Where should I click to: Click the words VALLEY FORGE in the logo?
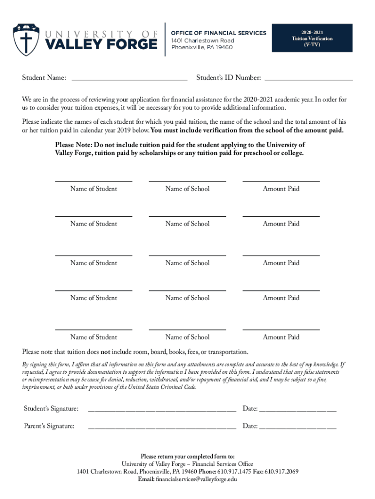102,44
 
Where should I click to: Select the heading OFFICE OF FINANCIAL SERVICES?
219,33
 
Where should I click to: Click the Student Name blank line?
129,77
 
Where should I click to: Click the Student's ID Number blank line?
308,77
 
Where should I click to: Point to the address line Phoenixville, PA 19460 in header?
202,47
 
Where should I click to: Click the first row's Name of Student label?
94,189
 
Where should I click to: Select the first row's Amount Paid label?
281,189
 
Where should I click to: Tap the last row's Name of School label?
187,337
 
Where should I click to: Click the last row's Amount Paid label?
281,337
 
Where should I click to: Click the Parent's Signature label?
49,426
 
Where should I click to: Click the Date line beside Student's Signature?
298,409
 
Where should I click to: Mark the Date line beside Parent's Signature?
298,427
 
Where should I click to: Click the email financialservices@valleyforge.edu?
196,479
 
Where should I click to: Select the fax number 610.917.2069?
281,471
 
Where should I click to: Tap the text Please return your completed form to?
187,456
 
